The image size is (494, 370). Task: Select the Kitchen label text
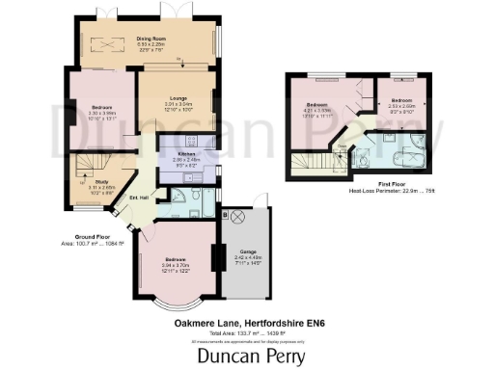(x=185, y=154)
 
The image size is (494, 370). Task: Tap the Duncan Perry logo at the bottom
(x=246, y=356)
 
